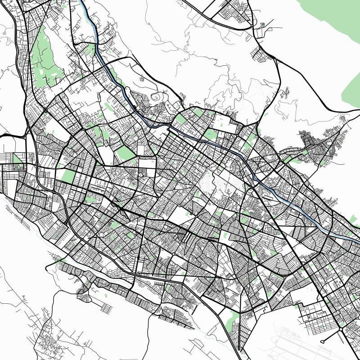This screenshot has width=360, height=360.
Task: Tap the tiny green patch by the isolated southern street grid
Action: (x=106, y=296)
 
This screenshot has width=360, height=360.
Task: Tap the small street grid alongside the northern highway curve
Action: (x=261, y=54)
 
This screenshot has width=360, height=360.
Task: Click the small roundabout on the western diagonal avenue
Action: (x=45, y=110)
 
